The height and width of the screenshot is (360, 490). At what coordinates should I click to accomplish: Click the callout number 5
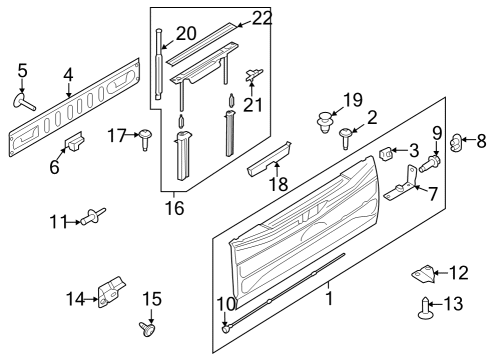click(x=23, y=70)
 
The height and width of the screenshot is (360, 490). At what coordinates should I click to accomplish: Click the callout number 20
click(x=186, y=34)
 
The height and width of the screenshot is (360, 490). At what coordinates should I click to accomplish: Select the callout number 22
click(x=261, y=18)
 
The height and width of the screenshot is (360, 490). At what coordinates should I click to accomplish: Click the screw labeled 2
click(x=347, y=136)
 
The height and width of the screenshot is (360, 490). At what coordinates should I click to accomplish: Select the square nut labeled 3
click(x=386, y=153)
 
